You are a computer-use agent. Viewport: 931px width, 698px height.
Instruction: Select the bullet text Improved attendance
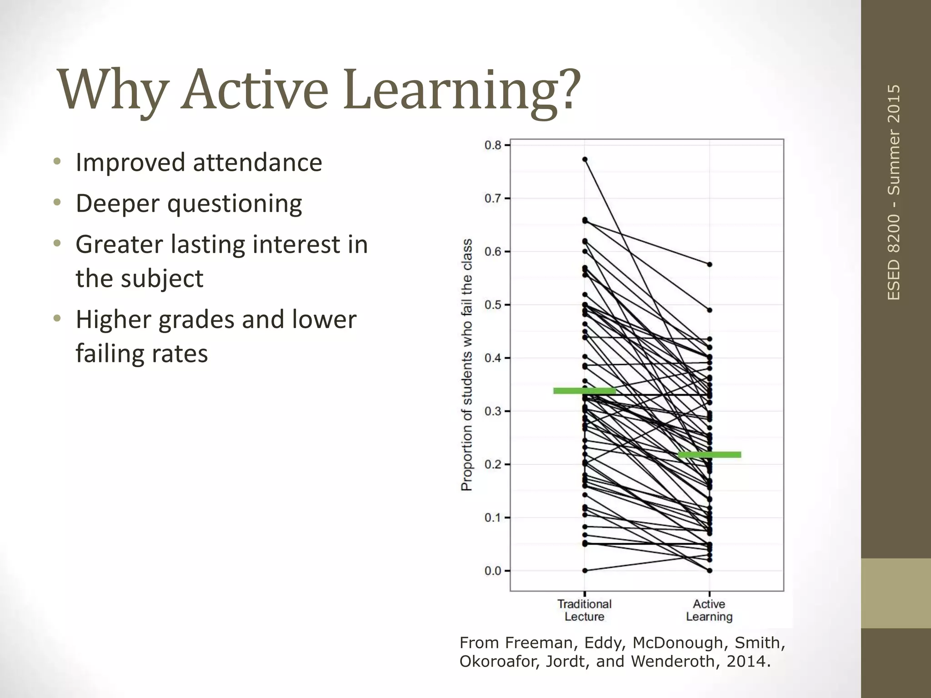pos(199,163)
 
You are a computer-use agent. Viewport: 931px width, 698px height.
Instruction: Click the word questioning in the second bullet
pos(235,204)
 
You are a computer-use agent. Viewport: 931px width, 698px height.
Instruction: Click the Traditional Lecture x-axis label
pos(585,610)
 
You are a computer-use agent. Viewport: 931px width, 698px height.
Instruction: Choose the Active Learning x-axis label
pos(709,610)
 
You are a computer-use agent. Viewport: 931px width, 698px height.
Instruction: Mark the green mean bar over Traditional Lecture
pos(585,391)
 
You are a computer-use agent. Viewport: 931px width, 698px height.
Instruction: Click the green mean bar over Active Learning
pos(709,455)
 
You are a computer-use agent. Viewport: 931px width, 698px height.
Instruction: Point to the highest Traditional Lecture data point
pos(585,160)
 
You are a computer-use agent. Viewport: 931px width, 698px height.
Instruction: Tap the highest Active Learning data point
pos(710,264)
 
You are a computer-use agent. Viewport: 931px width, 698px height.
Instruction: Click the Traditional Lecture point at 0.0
pos(585,570)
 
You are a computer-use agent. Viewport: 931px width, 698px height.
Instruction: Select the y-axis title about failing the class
pos(467,364)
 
